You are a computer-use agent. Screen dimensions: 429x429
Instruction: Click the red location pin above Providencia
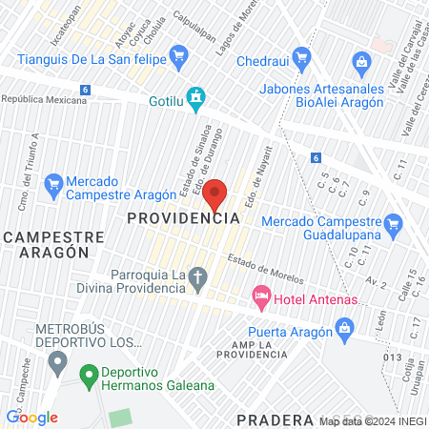click(x=215, y=194)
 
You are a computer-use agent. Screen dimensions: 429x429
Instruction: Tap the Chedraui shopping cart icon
click(x=303, y=57)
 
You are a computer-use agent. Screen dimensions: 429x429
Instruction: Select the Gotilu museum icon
click(x=196, y=97)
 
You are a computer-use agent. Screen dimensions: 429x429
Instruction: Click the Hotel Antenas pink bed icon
click(x=260, y=299)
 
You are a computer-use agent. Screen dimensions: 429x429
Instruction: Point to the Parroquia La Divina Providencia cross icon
click(x=197, y=278)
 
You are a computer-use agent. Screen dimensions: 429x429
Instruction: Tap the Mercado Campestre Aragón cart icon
click(x=53, y=182)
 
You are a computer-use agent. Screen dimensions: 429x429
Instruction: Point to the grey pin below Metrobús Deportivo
click(x=58, y=362)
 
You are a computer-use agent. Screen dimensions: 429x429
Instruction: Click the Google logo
click(x=31, y=417)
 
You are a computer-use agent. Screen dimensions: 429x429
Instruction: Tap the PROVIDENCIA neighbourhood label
click(x=182, y=217)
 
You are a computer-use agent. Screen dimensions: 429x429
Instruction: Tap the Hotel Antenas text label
click(x=315, y=300)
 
